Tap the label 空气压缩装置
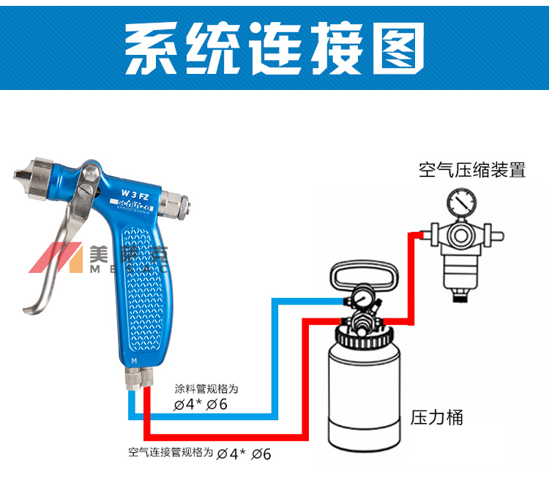click(472, 170)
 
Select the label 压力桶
click(437, 418)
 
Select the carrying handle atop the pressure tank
click(363, 274)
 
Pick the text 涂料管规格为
click(206, 388)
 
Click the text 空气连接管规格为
click(171, 452)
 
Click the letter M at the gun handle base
click(134, 361)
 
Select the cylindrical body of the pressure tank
click(363, 395)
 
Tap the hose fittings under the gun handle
click(138, 378)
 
